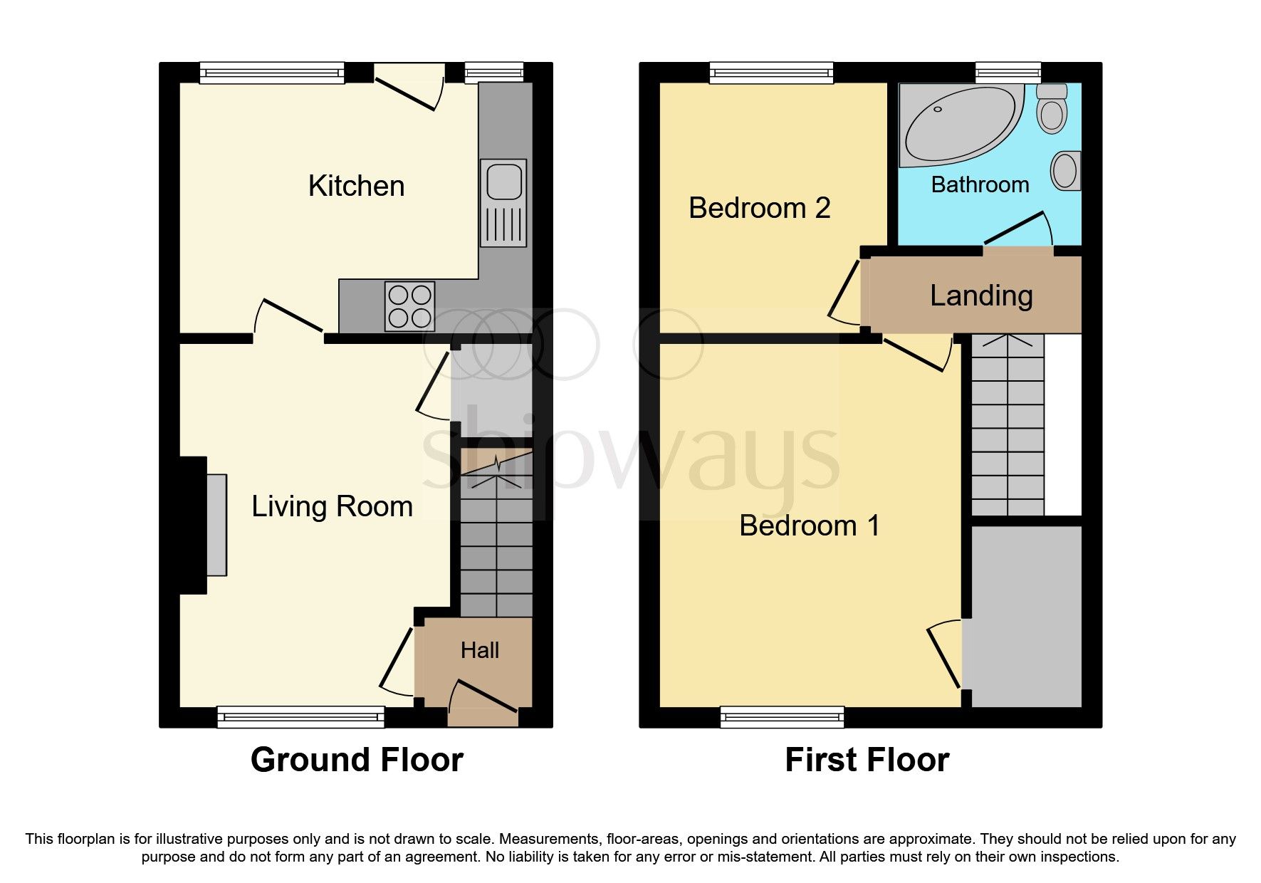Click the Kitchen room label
pyautogui.click(x=356, y=186)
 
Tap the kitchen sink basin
pyautogui.click(x=504, y=182)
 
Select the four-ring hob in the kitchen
pyautogui.click(x=409, y=306)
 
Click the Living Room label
pyautogui.click(x=332, y=506)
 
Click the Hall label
pyautogui.click(x=479, y=650)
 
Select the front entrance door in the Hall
pyautogui.click(x=484, y=696)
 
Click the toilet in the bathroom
pyautogui.click(x=1052, y=110)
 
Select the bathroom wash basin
pyautogui.click(x=1065, y=171)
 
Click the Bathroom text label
pyautogui.click(x=980, y=185)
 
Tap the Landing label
pyautogui.click(x=981, y=296)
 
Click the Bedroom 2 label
pyautogui.click(x=759, y=208)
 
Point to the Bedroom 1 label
pyautogui.click(x=810, y=526)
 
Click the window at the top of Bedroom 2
pyautogui.click(x=771, y=73)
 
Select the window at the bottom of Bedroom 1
pyautogui.click(x=782, y=716)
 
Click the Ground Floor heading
pyautogui.click(x=357, y=760)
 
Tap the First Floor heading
pyautogui.click(x=867, y=760)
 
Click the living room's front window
pyautogui.click(x=300, y=716)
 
